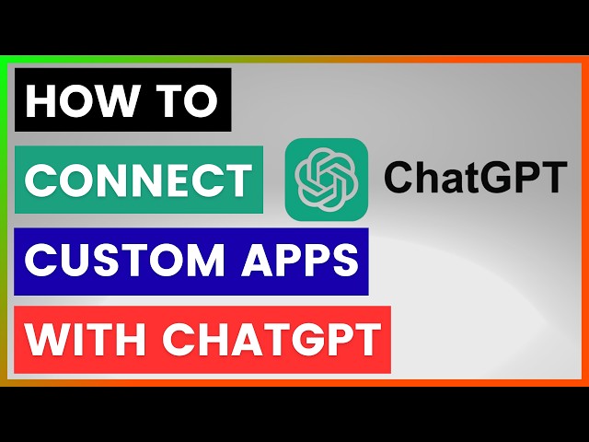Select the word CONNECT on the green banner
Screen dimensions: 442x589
coord(138,180)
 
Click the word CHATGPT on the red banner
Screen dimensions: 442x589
coord(271,339)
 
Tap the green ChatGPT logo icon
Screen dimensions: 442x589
coord(326,179)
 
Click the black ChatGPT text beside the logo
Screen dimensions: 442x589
coord(473,179)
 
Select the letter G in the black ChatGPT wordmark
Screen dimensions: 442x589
coord(495,179)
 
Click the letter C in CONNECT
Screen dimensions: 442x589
coord(40,180)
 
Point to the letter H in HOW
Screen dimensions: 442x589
coord(41,101)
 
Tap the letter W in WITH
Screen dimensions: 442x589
coord(45,339)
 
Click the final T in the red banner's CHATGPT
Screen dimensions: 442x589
coord(367,339)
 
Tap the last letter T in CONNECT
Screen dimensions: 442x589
coord(237,180)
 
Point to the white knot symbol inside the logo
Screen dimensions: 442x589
coord(326,179)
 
